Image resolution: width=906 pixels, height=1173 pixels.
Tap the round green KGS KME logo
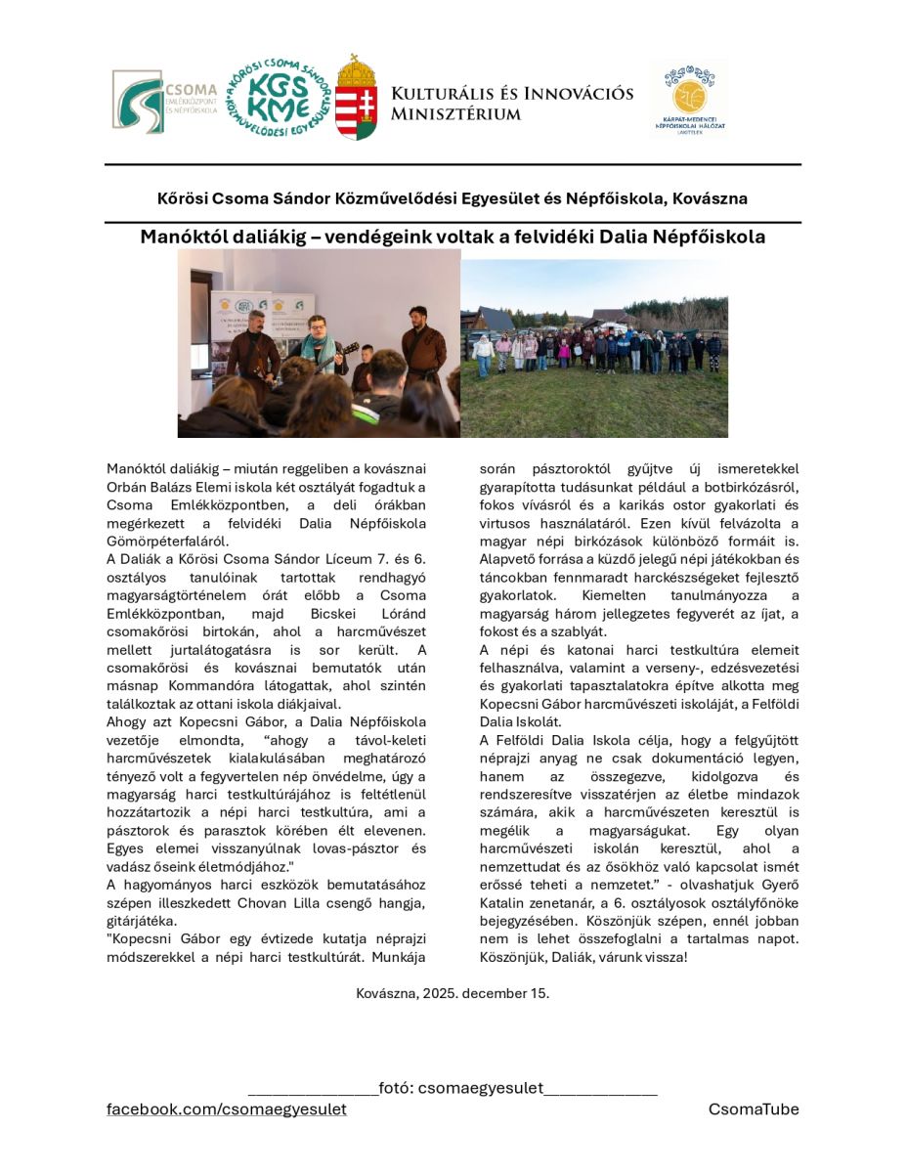278,97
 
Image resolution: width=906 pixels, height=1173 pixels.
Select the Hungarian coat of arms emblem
356,99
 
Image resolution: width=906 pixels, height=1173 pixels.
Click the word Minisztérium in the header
455,114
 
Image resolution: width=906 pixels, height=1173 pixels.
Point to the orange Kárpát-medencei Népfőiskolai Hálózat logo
689,98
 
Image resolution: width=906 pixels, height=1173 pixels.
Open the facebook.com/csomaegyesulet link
226,1109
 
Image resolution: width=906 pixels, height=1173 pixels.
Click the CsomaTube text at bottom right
754,1109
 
